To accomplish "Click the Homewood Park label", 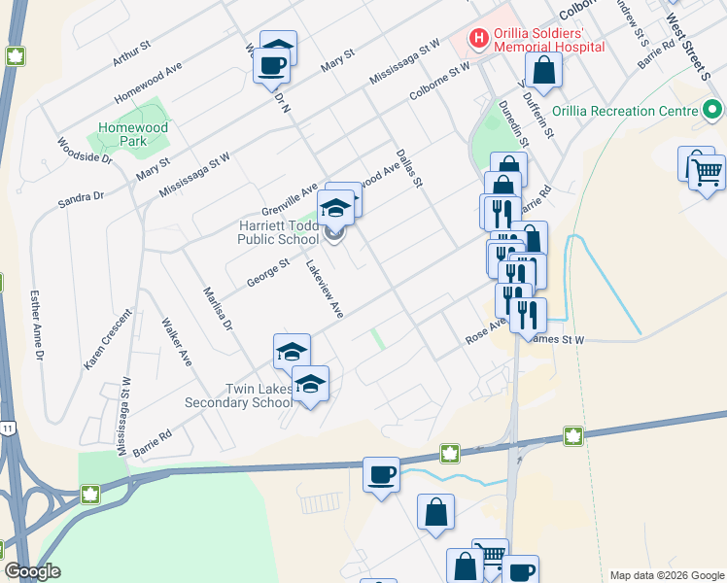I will (133, 134).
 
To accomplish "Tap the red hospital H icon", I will (478, 39).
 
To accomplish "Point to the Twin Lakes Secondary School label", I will (258, 396).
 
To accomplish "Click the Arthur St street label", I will (132, 52).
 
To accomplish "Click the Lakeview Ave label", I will (326, 290).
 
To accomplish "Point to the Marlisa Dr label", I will (217, 309).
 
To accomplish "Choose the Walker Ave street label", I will (177, 341).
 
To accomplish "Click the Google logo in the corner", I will (32, 571).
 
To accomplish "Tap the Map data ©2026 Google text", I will (666, 575).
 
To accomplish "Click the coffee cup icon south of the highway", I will (382, 476).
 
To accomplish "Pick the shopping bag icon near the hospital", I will (543, 70).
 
